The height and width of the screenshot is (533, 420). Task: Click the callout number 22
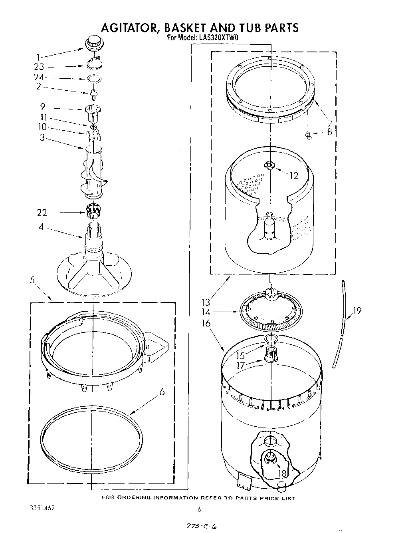pos(42,213)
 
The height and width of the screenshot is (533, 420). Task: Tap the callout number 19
pos(357,310)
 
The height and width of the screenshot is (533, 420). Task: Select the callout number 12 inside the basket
pos(294,175)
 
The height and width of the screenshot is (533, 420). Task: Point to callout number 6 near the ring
pos(162,392)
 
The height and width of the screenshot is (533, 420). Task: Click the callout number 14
pos(206,312)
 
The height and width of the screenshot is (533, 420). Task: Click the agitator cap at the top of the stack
pos(93,42)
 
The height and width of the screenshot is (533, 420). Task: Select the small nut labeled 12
pos(270,165)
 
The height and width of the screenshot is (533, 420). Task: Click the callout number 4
pos(41,227)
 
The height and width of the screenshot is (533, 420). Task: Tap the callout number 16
pos(206,323)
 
